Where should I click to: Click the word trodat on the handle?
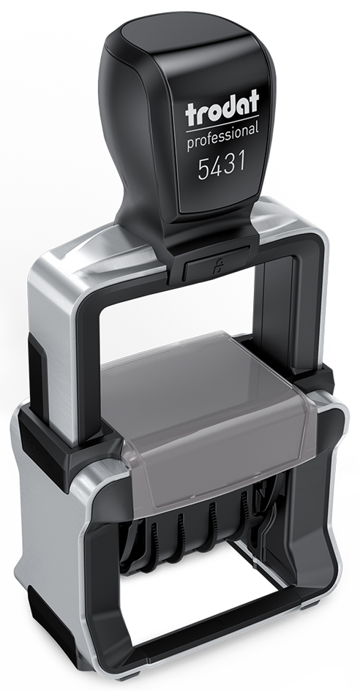222,108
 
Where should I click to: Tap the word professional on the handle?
222,137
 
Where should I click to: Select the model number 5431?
222,167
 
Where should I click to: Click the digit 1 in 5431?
241,162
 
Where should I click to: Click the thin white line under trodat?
222,124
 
